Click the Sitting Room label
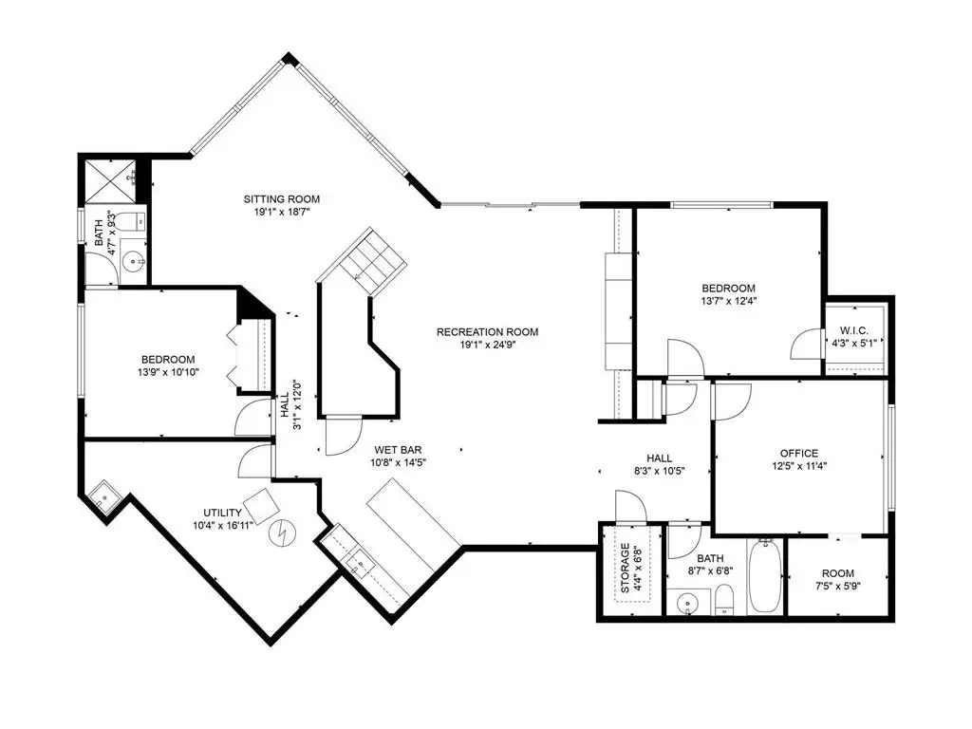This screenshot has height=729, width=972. [281, 199]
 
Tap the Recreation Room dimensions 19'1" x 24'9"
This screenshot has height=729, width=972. [487, 346]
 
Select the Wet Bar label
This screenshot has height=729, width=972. [398, 450]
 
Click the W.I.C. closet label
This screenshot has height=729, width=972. [854, 330]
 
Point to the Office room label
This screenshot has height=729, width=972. [799, 453]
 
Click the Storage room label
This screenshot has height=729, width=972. [625, 568]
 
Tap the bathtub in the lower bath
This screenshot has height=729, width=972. [767, 576]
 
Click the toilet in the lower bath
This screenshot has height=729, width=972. [724, 600]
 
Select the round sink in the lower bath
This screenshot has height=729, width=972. [687, 603]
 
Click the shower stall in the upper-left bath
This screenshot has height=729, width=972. [110, 181]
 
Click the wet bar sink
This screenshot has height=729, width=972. [359, 563]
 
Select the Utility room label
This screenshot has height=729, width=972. [222, 513]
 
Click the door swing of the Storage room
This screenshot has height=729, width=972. [630, 506]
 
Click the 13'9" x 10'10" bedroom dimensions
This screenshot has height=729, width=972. [169, 372]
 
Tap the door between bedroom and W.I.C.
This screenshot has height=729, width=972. [806, 344]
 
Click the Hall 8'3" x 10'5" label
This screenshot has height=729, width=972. [659, 464]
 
